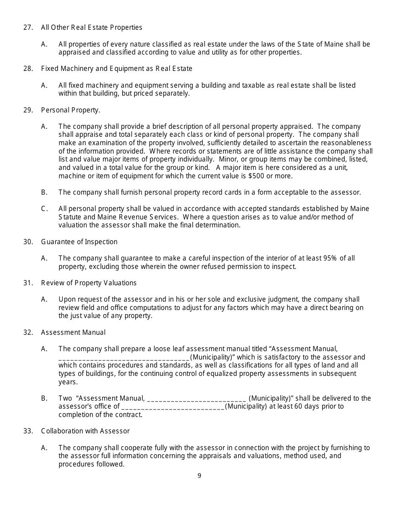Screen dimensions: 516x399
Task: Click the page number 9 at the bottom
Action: [199, 476]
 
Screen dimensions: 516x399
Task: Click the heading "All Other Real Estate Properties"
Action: [92, 28]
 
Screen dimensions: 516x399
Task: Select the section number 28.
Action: [28, 69]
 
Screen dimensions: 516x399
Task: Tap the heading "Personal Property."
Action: [71, 110]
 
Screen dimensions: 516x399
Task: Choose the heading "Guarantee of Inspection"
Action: [79, 242]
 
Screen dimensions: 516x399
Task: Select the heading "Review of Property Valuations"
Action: [89, 283]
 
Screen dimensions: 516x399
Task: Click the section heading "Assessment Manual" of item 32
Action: [73, 333]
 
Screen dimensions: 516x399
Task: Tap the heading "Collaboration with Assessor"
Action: [85, 431]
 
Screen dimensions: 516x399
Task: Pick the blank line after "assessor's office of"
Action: [173, 407]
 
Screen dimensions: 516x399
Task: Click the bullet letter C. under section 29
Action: [44, 209]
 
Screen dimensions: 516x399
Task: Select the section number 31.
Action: [28, 283]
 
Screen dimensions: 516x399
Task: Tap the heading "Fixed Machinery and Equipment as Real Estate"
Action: [116, 69]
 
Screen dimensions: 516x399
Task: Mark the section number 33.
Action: [28, 431]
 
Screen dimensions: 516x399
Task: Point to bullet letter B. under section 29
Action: [44, 193]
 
